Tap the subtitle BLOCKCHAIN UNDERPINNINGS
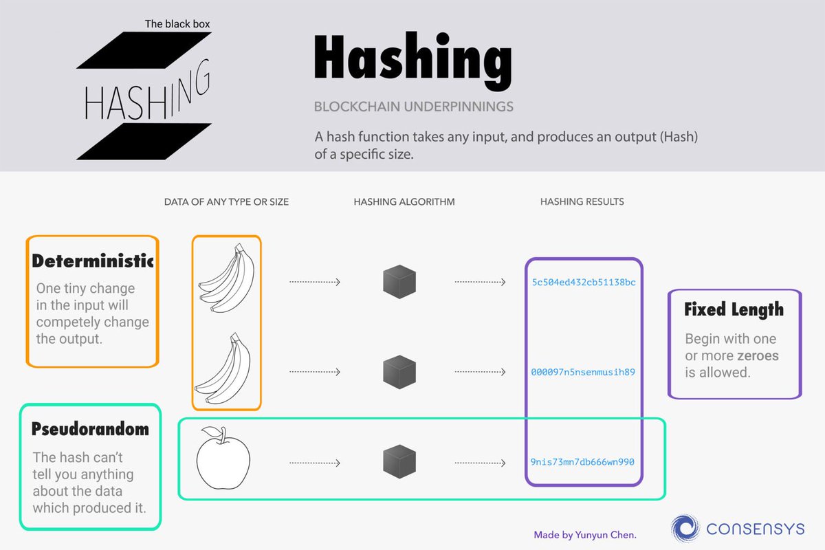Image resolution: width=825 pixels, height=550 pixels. (x=413, y=107)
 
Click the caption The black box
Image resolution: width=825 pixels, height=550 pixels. (x=177, y=24)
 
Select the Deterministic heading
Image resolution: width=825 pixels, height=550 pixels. (x=93, y=261)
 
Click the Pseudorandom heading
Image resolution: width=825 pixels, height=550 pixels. (x=90, y=430)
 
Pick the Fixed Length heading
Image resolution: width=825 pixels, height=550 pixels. (x=734, y=310)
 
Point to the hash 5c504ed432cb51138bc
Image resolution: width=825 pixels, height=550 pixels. (x=583, y=283)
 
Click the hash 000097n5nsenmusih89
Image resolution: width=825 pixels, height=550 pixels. (x=583, y=372)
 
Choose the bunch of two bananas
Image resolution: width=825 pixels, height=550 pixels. (x=223, y=368)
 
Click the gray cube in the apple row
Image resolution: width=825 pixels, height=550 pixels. (x=399, y=461)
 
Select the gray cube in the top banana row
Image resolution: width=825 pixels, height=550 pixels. (x=399, y=282)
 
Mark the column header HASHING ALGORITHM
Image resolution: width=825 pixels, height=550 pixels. (x=404, y=202)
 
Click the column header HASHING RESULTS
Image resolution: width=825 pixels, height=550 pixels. (x=582, y=202)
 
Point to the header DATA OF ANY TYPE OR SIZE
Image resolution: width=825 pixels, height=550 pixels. (x=226, y=202)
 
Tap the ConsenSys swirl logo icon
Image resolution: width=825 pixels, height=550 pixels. (x=685, y=528)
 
